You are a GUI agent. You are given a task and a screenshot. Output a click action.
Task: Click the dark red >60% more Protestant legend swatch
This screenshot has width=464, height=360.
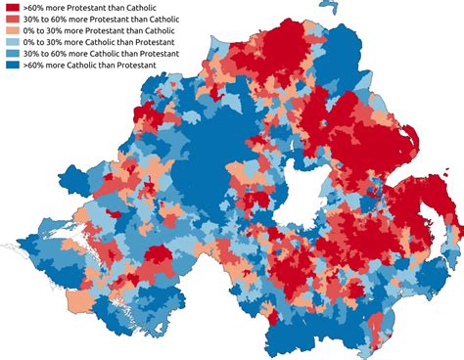click(x=13, y=8)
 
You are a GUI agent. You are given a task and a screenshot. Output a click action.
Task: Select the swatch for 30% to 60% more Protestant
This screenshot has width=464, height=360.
click(x=13, y=22)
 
